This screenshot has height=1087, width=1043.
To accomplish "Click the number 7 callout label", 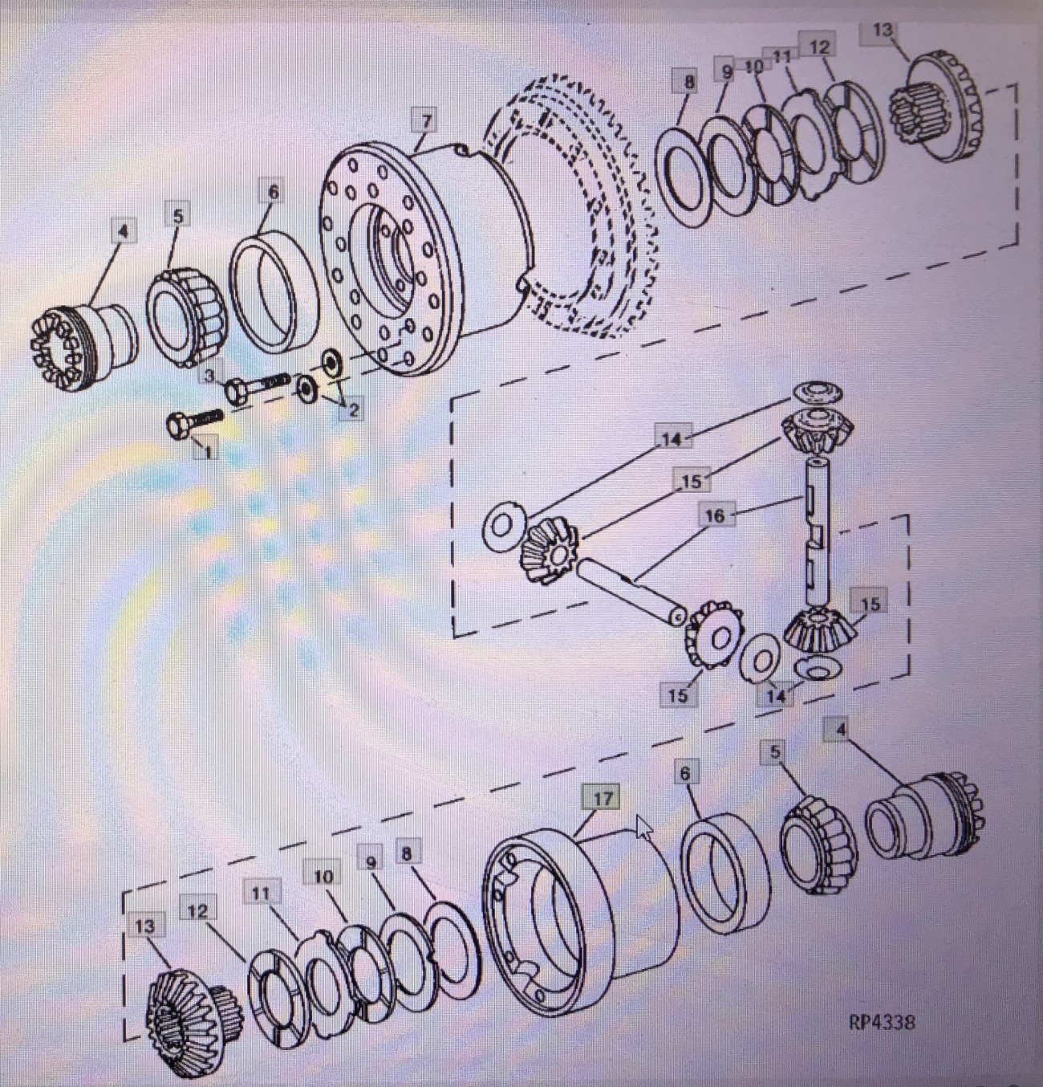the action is [x=427, y=120].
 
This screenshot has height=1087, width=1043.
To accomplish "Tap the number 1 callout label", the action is [x=208, y=449].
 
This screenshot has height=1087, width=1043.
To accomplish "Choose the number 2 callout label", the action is [x=353, y=409].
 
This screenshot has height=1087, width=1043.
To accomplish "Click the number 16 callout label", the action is [x=715, y=516].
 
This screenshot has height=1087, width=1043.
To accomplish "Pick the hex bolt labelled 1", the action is [x=194, y=423].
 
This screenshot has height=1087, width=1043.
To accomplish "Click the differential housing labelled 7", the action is [x=424, y=257].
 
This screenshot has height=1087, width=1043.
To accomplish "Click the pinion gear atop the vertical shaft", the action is [x=817, y=431].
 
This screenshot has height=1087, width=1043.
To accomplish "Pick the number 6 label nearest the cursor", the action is [x=685, y=774].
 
